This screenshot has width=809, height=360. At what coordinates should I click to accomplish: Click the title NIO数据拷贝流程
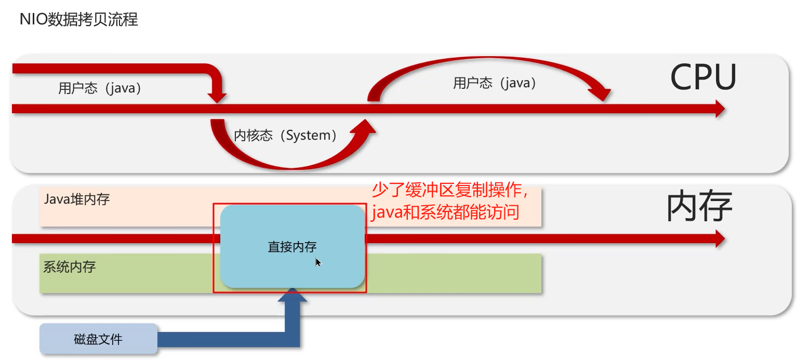pyautogui.click(x=78, y=20)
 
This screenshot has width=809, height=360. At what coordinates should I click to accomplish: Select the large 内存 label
pyautogui.click(x=699, y=207)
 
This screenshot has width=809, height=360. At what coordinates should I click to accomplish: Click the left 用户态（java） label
pyautogui.click(x=100, y=88)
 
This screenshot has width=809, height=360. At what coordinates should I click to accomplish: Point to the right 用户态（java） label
pyautogui.click(x=494, y=83)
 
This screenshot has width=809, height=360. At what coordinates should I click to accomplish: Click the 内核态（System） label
pyautogui.click(x=285, y=136)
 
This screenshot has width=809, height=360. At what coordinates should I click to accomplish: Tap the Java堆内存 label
pyautogui.click(x=77, y=199)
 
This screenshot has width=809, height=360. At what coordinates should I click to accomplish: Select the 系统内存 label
pyautogui.click(x=69, y=267)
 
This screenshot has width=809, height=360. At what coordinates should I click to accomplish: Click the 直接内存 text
pyautogui.click(x=292, y=247)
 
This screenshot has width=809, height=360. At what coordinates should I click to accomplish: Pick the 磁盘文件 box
pyautogui.click(x=98, y=339)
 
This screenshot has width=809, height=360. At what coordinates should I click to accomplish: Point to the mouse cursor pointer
pyautogui.click(x=318, y=262)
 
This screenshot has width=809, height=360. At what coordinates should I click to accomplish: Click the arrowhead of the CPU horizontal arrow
pyautogui.click(x=720, y=109)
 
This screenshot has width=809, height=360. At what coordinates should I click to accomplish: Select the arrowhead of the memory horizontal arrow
pyautogui.click(x=720, y=238)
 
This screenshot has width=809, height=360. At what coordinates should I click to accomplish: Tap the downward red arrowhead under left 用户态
pyautogui.click(x=217, y=97)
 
